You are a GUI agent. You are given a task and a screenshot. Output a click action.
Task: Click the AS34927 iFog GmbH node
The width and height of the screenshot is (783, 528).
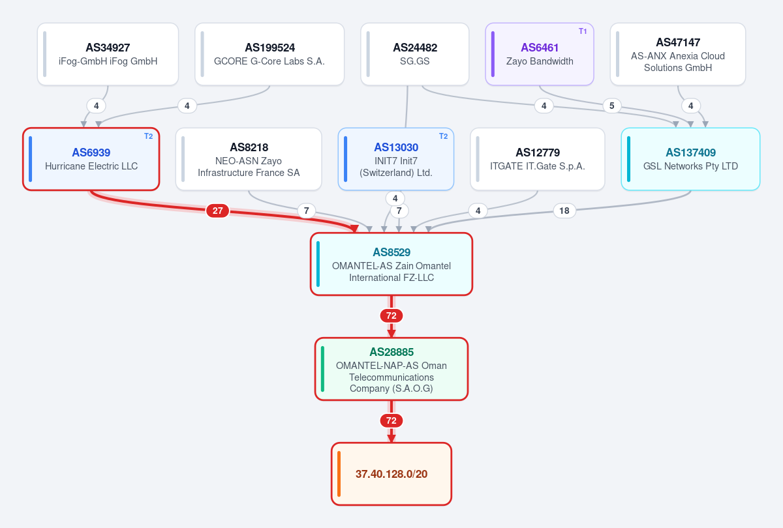108,54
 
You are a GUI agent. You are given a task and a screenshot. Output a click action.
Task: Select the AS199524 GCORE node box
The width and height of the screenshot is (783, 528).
269,54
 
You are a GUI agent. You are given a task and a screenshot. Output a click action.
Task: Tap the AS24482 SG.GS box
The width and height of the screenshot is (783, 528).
414,54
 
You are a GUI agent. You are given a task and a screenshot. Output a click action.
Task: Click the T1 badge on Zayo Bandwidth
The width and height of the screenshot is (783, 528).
582,31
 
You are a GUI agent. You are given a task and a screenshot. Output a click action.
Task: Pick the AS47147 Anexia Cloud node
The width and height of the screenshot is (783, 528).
678,54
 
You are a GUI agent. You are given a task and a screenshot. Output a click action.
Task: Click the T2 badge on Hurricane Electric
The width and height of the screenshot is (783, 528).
149,136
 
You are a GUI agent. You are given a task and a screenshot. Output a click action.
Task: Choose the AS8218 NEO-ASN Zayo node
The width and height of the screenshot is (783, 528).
249,159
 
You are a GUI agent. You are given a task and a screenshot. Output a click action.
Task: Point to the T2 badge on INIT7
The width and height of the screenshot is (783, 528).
443,136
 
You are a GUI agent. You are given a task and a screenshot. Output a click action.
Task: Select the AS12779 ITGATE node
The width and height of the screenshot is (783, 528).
538,159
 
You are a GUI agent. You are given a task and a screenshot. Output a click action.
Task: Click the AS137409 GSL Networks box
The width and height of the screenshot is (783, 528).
690,159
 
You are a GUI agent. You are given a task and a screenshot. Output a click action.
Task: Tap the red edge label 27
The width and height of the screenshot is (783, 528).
217,211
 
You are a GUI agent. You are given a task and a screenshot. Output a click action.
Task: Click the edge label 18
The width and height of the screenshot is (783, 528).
564,211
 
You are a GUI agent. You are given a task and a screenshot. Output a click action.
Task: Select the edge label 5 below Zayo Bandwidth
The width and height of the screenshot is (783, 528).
612,106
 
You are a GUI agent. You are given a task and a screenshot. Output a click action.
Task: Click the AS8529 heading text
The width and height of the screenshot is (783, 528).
391,252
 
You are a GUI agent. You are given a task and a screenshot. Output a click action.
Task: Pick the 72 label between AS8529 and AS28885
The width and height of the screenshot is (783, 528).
391,315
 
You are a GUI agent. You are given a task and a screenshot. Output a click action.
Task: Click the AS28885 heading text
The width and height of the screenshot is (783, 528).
391,352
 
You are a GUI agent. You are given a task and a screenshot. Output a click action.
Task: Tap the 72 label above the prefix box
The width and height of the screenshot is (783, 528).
391,420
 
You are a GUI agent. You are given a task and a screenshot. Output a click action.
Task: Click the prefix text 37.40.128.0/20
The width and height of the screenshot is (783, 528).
391,474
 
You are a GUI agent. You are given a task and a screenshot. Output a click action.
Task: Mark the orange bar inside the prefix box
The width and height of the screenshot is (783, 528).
339,474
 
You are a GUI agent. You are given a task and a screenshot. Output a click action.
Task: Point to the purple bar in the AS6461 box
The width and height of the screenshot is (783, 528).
493,54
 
